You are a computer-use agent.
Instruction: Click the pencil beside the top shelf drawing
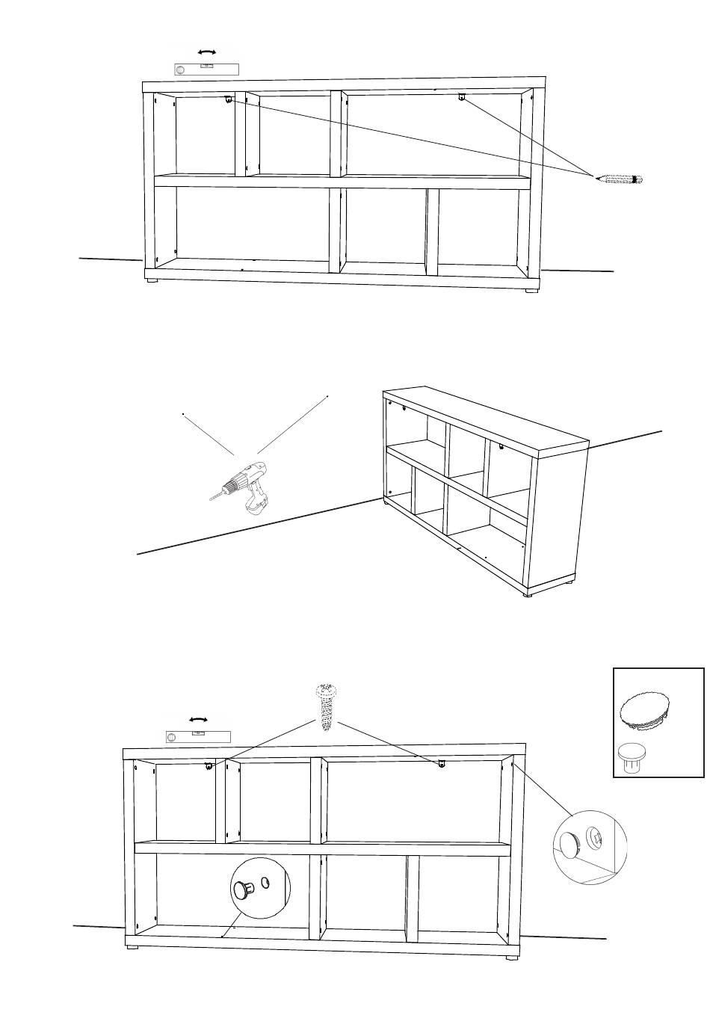tap(619, 179)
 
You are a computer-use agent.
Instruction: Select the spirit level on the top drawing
tap(206, 70)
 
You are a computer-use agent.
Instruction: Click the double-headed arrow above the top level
tap(206, 52)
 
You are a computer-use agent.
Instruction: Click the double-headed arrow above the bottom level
tap(198, 719)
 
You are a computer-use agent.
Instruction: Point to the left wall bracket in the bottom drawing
tap(210, 765)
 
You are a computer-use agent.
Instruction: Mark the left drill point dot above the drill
tap(182, 413)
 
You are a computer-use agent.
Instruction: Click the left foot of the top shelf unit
tap(152, 281)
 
